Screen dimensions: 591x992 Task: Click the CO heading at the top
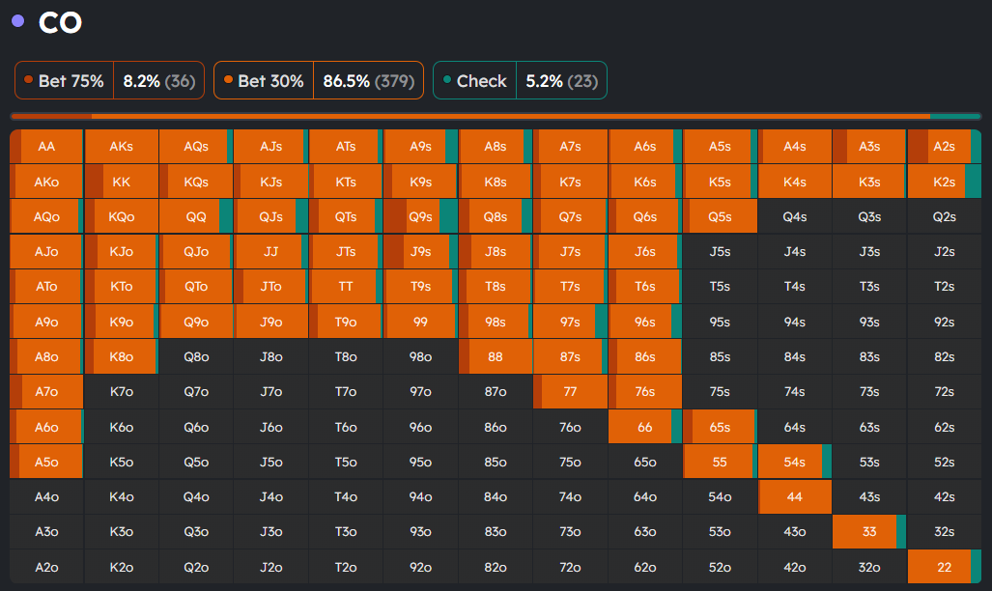[x=60, y=23]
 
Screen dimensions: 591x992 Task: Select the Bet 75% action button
[x=64, y=81]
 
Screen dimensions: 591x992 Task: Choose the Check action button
[x=474, y=81]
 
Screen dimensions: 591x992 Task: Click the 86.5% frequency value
[x=346, y=81]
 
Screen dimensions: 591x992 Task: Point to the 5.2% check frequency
[x=544, y=81]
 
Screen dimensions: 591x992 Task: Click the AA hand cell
[x=46, y=147]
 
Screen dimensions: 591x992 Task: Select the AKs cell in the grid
[x=122, y=147]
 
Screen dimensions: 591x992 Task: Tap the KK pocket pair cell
[x=122, y=182]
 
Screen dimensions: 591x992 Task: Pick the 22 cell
[x=945, y=567]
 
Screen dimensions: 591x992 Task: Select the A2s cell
[x=945, y=147]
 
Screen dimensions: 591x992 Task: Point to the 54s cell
[x=795, y=462]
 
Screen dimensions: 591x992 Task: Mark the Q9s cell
[x=421, y=217]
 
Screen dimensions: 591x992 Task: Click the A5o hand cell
[x=46, y=462]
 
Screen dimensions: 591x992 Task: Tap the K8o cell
[x=122, y=357]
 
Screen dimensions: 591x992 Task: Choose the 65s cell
[x=720, y=427]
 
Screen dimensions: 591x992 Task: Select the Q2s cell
[x=945, y=217]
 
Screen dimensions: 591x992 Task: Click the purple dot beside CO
[x=17, y=21]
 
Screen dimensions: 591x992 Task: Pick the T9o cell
[x=346, y=322]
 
